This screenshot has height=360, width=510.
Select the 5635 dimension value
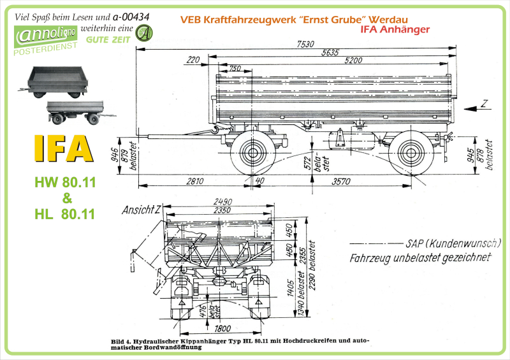tap(330, 52)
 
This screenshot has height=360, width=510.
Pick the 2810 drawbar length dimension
tap(194, 182)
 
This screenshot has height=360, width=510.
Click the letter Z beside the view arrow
tap(484, 103)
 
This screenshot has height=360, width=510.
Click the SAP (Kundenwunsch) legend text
tap(453, 243)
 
